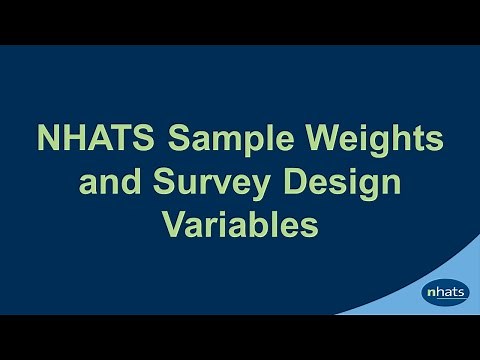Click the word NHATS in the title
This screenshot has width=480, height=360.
pyautogui.click(x=81, y=138)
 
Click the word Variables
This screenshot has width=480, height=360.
pyautogui.click(x=240, y=226)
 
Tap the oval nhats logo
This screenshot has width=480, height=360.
pyautogui.click(x=445, y=293)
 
